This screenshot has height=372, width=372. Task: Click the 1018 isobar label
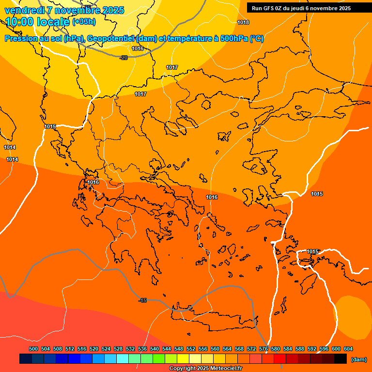243,22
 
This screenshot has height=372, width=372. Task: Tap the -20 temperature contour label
124,58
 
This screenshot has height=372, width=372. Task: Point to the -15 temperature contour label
142,301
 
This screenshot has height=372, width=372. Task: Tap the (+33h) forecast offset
84,22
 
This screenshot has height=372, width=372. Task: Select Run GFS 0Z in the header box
267,8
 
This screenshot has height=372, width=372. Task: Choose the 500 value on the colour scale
33,349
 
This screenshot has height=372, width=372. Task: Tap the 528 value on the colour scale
118,349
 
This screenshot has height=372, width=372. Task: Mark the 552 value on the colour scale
191,349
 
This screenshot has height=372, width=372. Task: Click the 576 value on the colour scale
263,349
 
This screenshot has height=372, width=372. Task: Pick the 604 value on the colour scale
348,349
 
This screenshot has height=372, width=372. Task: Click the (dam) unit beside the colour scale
359,359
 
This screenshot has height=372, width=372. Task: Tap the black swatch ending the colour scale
341,359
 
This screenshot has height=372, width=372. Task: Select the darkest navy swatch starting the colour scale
26,359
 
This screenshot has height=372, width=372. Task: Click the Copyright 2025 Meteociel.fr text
205,369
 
